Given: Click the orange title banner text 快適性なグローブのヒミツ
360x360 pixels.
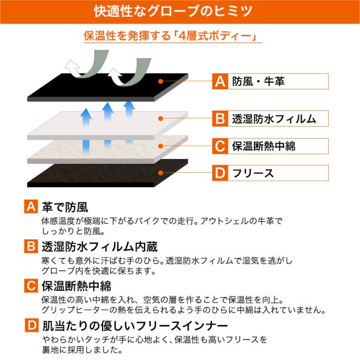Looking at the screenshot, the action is pos(173,11).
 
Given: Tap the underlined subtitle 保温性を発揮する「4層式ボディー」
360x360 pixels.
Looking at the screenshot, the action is pos(170,36).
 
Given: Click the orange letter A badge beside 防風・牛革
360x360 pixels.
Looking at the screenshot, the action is pos(220,81).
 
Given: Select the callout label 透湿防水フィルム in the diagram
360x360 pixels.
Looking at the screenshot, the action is pos(274,119).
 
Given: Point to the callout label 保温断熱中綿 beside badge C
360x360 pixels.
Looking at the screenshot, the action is pos(263,146).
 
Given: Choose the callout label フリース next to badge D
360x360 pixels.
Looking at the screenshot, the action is pos(253,173).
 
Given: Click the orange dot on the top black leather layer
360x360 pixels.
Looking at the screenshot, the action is pos(161,81).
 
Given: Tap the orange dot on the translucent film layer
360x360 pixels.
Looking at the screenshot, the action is pos(161,118).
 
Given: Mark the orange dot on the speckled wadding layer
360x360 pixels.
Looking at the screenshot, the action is pos(161,146).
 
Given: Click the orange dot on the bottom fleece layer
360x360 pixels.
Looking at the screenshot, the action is pos(161,173).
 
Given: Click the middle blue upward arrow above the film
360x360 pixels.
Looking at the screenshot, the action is pos(107,113).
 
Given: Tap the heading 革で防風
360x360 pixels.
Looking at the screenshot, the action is pos(65,207).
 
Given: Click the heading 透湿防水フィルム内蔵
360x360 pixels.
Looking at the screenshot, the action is pos(100,247).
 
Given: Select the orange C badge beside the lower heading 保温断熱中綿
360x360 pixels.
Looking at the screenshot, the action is pos(31,286).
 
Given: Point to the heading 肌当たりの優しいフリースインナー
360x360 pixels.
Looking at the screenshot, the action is pos(135,326).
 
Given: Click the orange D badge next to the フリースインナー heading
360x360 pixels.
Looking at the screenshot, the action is pos(31,325).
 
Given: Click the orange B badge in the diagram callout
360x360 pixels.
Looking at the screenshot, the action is pos(220,118).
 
